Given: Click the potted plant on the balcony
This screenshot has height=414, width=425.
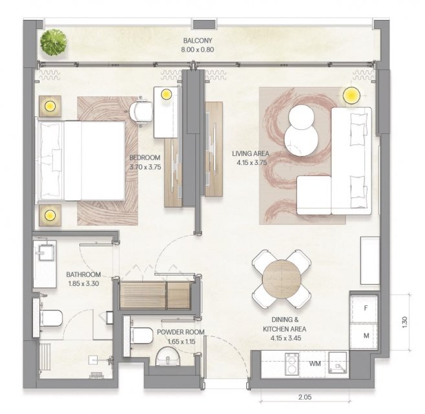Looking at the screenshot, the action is click(x=54, y=43).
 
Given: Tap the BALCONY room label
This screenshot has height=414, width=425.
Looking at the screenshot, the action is click(x=197, y=41).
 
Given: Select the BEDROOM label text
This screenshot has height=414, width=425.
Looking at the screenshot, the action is click(x=145, y=158).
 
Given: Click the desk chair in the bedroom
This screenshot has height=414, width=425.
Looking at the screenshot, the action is click(x=140, y=111).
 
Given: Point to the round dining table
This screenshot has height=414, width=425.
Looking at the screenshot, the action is click(x=281, y=279).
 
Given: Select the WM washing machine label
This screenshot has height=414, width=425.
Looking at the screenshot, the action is click(x=315, y=364).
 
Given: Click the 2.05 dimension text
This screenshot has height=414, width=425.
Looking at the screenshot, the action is click(x=305, y=397).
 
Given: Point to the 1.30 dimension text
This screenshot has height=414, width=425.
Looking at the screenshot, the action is click(x=404, y=323).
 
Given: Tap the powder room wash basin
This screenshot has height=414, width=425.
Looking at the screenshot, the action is click(x=168, y=356).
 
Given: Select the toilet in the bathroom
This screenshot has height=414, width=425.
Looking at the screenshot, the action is click(x=50, y=318).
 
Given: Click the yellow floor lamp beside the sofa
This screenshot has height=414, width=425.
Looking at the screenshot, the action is click(x=351, y=95).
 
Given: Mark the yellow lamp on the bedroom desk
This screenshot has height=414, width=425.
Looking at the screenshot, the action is click(x=166, y=94).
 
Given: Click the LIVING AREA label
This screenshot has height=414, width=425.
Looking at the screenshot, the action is click(x=250, y=154).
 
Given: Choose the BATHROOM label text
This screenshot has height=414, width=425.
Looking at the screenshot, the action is click(x=83, y=274).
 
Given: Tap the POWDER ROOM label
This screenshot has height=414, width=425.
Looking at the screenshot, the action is click(x=180, y=332).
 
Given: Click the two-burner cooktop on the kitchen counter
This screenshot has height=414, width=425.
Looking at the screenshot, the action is click(x=292, y=364).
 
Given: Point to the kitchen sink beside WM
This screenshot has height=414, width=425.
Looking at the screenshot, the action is click(x=338, y=364).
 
